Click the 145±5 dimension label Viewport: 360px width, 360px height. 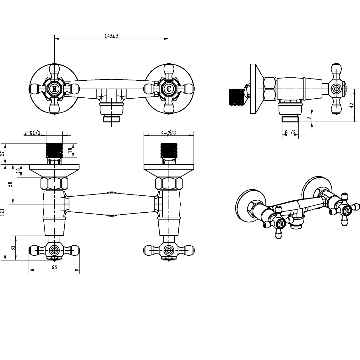pos(111,36)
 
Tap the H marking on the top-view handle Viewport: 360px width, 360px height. pos(54,89)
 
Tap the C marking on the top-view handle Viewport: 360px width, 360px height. pos(169,89)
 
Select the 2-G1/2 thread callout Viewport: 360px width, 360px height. pos(32,133)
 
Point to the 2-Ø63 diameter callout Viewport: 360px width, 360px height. pos(169,133)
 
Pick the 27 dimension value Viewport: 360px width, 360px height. pos(3,154)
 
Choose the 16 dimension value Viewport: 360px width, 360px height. pos(18,171)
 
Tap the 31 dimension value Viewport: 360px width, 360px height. pos(13,248)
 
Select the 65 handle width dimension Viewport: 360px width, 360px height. pos(54,267)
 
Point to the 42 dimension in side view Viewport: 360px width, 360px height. pos(352,106)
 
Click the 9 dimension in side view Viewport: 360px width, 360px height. pos(309,118)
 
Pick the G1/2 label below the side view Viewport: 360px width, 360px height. pos(290,133)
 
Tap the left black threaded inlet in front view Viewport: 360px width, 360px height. pos(54,150)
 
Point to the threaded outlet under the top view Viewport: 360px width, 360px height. pos(112,119)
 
